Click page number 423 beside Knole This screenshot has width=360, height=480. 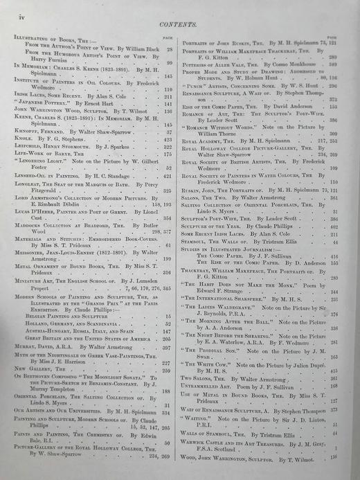[167, 138]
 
